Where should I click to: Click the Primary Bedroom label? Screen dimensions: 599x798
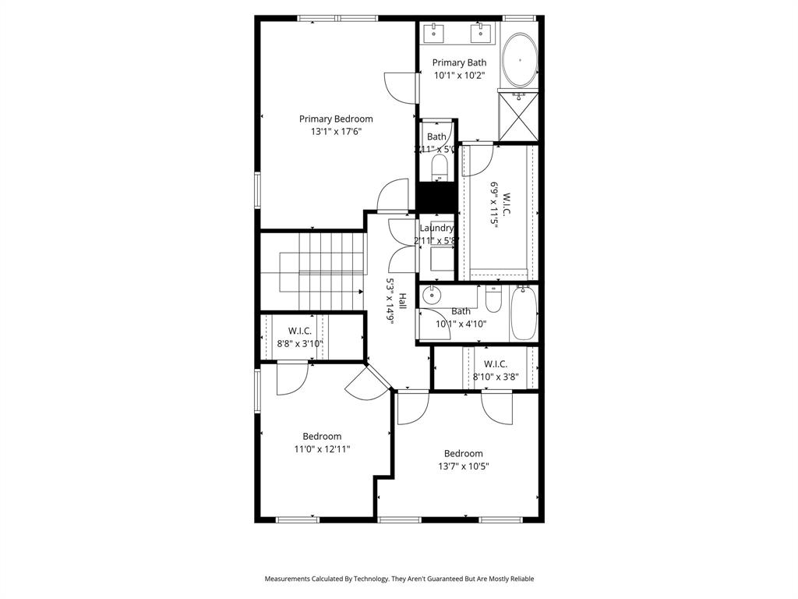point(336,119)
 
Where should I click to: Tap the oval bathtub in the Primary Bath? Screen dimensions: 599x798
point(519,61)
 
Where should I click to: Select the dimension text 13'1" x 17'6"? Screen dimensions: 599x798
point(336,132)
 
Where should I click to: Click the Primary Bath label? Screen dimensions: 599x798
point(459,62)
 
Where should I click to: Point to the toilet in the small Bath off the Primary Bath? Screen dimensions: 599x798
point(439,165)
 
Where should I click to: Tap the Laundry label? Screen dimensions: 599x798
point(436,228)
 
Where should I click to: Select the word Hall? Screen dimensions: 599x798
point(403,301)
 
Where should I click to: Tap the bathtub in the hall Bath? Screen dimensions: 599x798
point(524,314)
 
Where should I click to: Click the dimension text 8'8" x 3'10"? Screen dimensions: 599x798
point(300,343)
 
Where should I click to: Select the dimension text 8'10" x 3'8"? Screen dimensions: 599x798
point(495,377)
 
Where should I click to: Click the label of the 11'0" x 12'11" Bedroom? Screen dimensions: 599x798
point(322,436)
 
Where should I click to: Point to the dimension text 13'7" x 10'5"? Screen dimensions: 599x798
point(463,466)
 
